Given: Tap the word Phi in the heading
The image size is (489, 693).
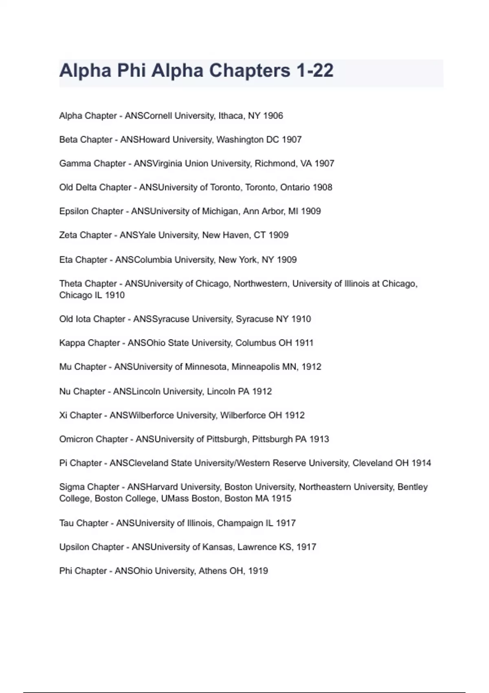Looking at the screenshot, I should pos(132,71).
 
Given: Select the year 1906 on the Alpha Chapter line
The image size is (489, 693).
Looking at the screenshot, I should pos(273,116).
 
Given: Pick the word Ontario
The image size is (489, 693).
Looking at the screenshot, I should pos(295,188).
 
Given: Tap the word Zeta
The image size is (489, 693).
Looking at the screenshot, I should pos(68,235).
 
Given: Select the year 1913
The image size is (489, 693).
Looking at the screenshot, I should pos(319,439).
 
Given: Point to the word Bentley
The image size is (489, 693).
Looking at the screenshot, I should pos(412,487).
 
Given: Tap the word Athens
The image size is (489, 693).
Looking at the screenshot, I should pos(212,571).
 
